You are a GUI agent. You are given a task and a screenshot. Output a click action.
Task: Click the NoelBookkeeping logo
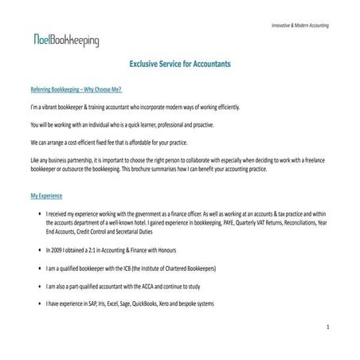66,41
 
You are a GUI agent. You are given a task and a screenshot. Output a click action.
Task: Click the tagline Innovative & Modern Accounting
300,26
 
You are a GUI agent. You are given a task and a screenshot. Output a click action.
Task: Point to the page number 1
328,327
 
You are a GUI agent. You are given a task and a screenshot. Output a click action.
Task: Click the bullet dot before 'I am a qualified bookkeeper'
40,269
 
